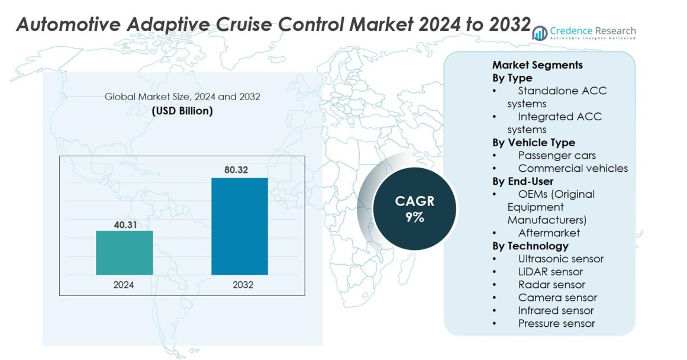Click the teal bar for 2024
pos(124,253)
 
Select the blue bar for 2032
pos(240,226)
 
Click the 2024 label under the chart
pos(124,285)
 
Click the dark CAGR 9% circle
pos(414,208)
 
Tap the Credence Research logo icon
pos(540,33)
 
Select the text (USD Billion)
pos(182,111)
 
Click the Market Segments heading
pos(537,65)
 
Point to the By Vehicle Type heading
pos(533,143)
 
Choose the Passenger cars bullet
pos(557,156)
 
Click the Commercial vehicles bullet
pos(573,169)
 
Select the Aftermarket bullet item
pos(549,233)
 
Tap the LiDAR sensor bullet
pos(550,272)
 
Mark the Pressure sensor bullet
pos(556,323)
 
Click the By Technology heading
pos(530,246)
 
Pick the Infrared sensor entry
pos(556,310)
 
